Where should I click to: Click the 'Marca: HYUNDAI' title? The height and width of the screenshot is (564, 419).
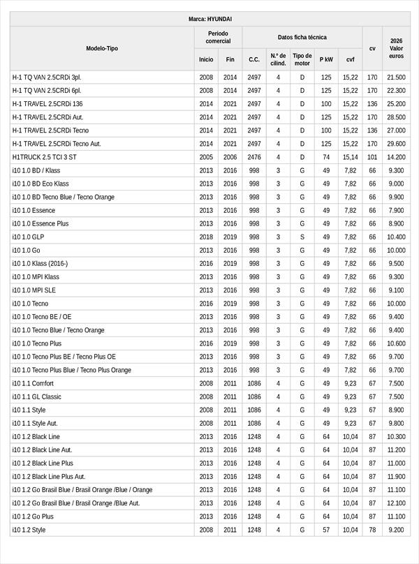(x=209, y=19)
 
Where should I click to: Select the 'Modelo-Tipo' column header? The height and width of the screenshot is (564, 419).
(x=102, y=48)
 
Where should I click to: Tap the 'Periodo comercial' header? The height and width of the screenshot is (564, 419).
(x=218, y=38)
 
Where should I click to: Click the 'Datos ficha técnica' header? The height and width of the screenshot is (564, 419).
(x=302, y=38)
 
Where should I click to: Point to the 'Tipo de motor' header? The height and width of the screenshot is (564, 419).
(x=302, y=59)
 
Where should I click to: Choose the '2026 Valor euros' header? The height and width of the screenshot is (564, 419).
(x=396, y=48)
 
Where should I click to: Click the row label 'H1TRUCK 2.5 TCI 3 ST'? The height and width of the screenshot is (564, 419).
(x=45, y=157)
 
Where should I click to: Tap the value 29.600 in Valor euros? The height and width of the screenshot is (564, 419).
(x=396, y=144)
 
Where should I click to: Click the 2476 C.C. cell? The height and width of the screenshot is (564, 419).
(x=254, y=157)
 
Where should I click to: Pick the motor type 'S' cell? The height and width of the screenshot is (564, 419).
(x=302, y=237)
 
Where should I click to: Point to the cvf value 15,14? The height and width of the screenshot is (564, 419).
(x=350, y=157)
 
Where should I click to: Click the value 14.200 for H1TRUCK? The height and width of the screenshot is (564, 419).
(x=396, y=157)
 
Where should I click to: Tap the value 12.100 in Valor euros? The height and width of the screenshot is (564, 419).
(x=396, y=503)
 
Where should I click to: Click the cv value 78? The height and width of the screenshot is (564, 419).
(x=372, y=530)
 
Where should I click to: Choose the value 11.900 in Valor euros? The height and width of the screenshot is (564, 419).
(x=396, y=477)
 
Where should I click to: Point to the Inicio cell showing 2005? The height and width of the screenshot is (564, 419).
(x=206, y=157)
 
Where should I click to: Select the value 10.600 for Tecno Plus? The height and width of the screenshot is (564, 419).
(x=396, y=343)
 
